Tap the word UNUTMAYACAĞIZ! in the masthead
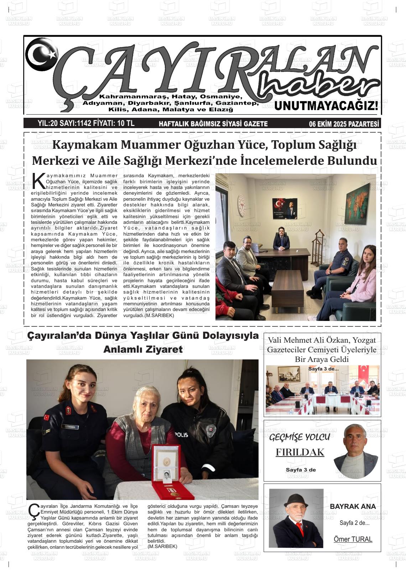coord(326,106)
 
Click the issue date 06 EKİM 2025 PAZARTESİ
coord(344,124)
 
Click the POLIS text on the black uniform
coord(181,435)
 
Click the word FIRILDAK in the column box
coord(300,452)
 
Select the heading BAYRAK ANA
coord(353,506)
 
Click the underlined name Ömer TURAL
coord(353,539)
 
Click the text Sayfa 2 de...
coord(354,523)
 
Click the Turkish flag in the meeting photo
coord(364,373)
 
